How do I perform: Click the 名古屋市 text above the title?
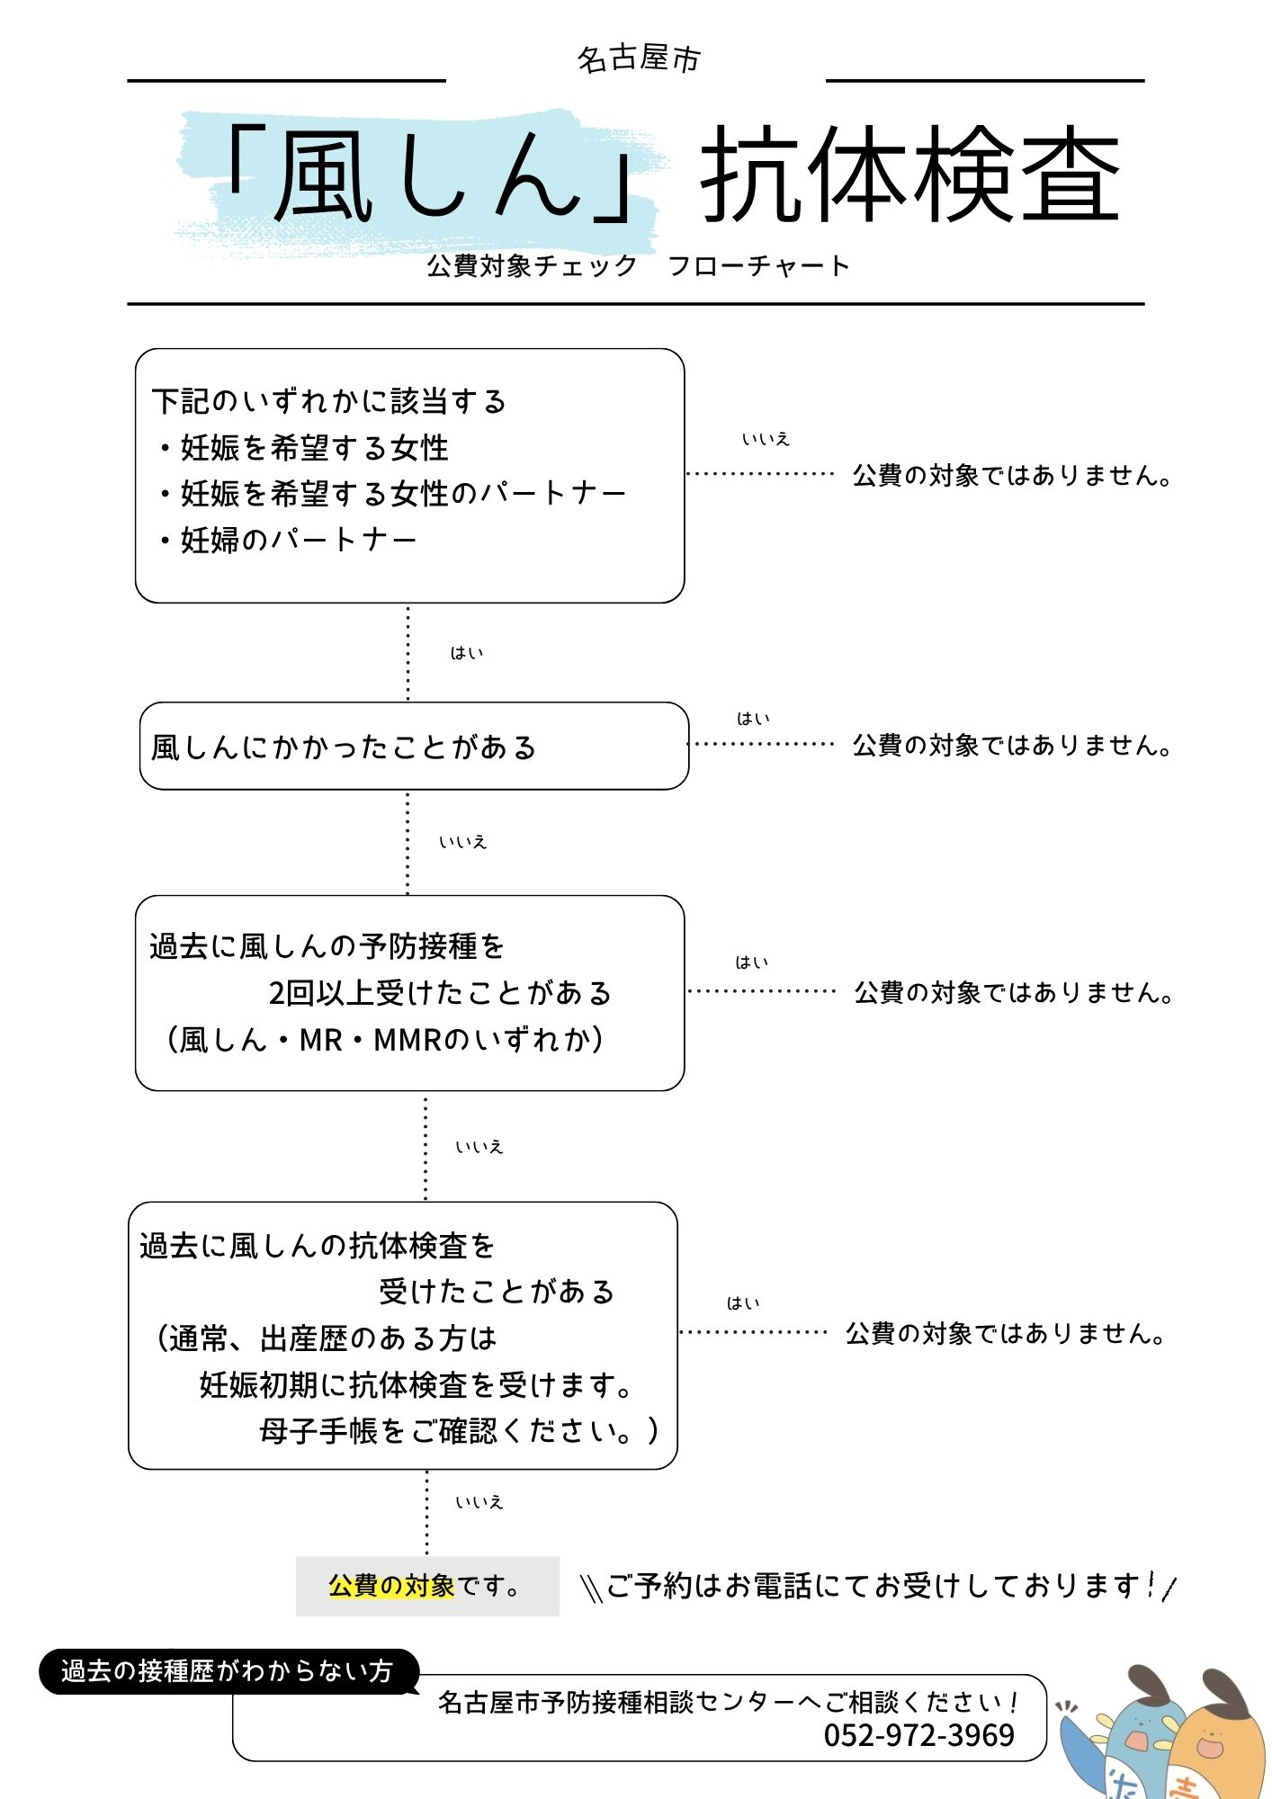(638, 59)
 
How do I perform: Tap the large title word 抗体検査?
(909, 174)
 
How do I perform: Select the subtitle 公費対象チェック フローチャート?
(638, 266)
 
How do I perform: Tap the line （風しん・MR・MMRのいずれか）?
(385, 1040)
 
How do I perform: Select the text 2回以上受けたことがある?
(440, 993)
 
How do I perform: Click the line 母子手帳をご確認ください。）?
(459, 1431)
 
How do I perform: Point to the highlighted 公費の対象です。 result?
(426, 1586)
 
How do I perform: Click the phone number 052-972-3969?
(918, 1735)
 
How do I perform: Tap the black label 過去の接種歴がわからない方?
(227, 1671)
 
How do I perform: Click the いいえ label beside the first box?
(766, 439)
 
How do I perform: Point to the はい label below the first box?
(467, 653)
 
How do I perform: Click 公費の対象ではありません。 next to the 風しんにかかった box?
(1012, 746)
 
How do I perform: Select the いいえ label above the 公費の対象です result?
(479, 1502)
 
